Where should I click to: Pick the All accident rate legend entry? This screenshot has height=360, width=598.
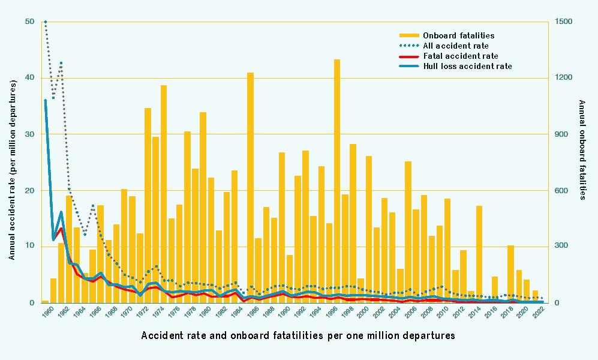(x=455, y=46)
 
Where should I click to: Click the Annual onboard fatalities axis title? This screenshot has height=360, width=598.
(x=581, y=150)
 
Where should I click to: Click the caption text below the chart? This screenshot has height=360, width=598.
(x=298, y=335)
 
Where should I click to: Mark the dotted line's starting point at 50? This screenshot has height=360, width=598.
(x=45, y=22)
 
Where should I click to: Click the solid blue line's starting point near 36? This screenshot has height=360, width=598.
(x=45, y=100)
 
